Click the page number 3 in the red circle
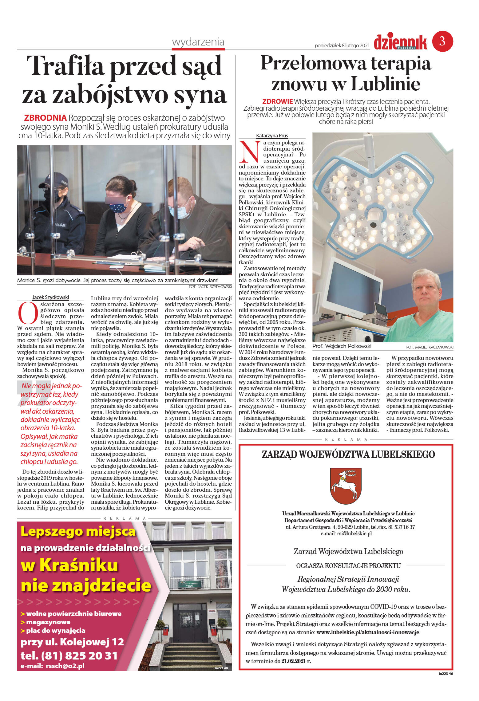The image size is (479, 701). coord(442,41)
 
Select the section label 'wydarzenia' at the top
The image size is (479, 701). coord(198,42)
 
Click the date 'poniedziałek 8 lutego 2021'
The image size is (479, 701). coord(342,46)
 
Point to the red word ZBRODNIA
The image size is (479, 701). coord(45,118)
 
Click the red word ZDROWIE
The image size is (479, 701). coord(277,101)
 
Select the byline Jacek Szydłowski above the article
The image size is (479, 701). coord(50,297)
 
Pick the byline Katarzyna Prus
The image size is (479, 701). coord(272,136)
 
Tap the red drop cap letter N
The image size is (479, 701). coord(249,152)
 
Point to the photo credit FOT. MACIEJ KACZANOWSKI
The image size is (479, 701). coord(429,347)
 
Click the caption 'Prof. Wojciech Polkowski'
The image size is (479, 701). coord(342,346)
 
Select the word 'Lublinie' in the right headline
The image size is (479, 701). coord(385,84)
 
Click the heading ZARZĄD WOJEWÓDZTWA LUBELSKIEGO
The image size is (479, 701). coord(348,454)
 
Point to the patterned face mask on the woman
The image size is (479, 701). coord(118,208)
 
